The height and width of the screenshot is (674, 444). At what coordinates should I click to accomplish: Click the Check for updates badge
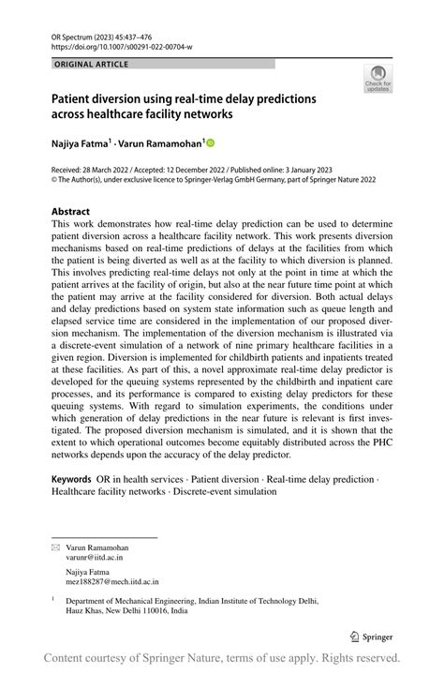tap(377, 79)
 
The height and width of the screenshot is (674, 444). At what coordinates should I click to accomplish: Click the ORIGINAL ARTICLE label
tap(92, 64)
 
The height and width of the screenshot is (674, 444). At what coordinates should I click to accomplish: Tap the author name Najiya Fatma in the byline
tap(80, 143)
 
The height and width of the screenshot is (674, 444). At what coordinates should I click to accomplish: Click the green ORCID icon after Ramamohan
tap(210, 143)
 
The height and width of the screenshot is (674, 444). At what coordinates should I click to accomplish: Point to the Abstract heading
tap(71, 212)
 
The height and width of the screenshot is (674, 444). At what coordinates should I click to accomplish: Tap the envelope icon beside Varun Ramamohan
tap(55, 546)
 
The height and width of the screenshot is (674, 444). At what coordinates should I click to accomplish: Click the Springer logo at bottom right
tap(373, 635)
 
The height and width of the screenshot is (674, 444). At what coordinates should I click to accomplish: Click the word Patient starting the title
tap(74, 98)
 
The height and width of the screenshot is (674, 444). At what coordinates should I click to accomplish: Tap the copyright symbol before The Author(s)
tap(54, 179)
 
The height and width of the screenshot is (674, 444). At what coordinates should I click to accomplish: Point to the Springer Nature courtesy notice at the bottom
tap(222, 657)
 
